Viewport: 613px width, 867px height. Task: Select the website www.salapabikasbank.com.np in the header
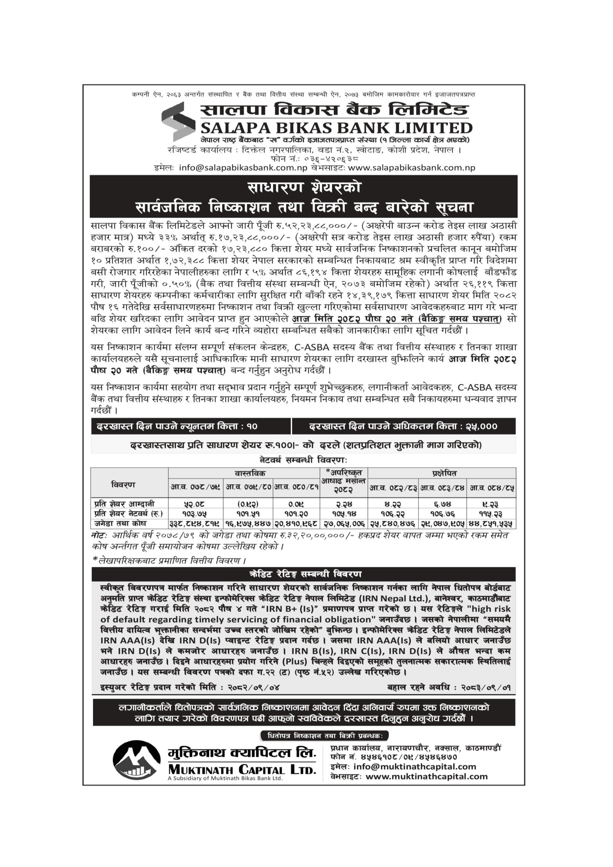click(411, 167)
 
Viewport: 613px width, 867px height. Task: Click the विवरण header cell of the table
click(123, 484)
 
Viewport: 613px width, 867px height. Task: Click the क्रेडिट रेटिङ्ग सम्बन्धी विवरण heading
click(306, 574)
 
